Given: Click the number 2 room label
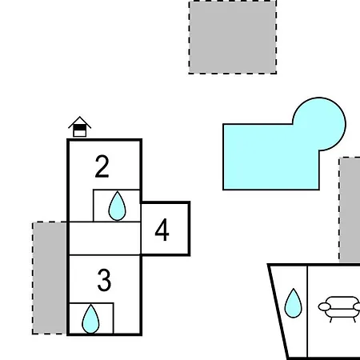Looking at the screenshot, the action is (102, 166).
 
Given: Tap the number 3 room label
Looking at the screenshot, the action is (104, 280).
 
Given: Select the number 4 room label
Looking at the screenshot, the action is (162, 230).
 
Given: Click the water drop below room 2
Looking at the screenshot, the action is (117, 206).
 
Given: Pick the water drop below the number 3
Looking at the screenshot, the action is (90, 319).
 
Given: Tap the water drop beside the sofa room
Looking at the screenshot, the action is (294, 303).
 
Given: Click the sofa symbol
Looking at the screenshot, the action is (340, 309).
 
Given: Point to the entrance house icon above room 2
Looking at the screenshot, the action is (79, 126).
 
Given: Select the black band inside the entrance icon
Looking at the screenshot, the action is (79, 128).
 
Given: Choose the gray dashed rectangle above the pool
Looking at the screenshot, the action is (233, 37).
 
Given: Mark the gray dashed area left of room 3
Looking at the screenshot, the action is (50, 278).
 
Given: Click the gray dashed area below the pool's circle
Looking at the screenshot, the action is (350, 210).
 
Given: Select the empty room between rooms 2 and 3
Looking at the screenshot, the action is (105, 238).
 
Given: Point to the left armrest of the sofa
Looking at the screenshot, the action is (324, 307).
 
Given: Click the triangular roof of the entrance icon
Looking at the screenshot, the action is (79, 122).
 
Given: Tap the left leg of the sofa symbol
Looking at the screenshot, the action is (331, 319).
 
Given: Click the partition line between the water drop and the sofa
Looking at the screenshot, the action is (307, 310).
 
